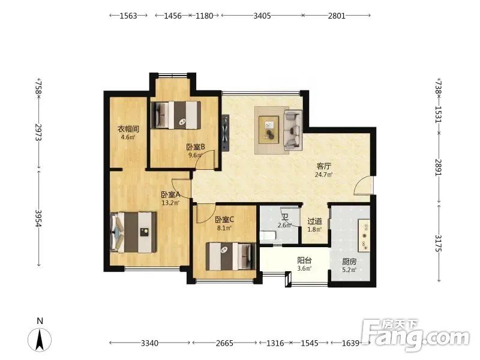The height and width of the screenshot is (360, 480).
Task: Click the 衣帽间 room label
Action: (x=128, y=129)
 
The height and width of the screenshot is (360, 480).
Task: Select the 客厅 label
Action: (x=323, y=166)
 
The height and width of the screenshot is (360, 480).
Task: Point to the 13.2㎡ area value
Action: (x=170, y=202)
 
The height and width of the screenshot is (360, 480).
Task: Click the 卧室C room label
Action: (x=224, y=220)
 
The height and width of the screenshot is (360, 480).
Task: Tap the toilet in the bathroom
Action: (x=268, y=235)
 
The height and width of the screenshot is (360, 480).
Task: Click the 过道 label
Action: (x=314, y=221)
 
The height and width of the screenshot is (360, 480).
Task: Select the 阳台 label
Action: (x=304, y=260)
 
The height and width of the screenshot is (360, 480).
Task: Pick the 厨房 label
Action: (x=349, y=262)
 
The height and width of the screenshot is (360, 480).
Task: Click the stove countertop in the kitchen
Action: (x=364, y=235)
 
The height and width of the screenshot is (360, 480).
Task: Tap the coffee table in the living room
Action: (x=269, y=130)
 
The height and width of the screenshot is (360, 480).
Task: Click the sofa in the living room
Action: (x=293, y=130)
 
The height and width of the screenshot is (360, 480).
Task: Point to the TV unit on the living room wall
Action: (x=226, y=133)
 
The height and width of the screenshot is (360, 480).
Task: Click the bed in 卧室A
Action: (x=133, y=232)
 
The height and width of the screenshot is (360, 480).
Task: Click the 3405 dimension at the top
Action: (x=262, y=16)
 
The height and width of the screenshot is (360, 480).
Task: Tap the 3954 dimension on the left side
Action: (x=38, y=218)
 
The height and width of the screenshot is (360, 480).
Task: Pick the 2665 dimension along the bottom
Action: (x=224, y=343)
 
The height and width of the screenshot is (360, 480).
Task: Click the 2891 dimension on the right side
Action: (x=439, y=167)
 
